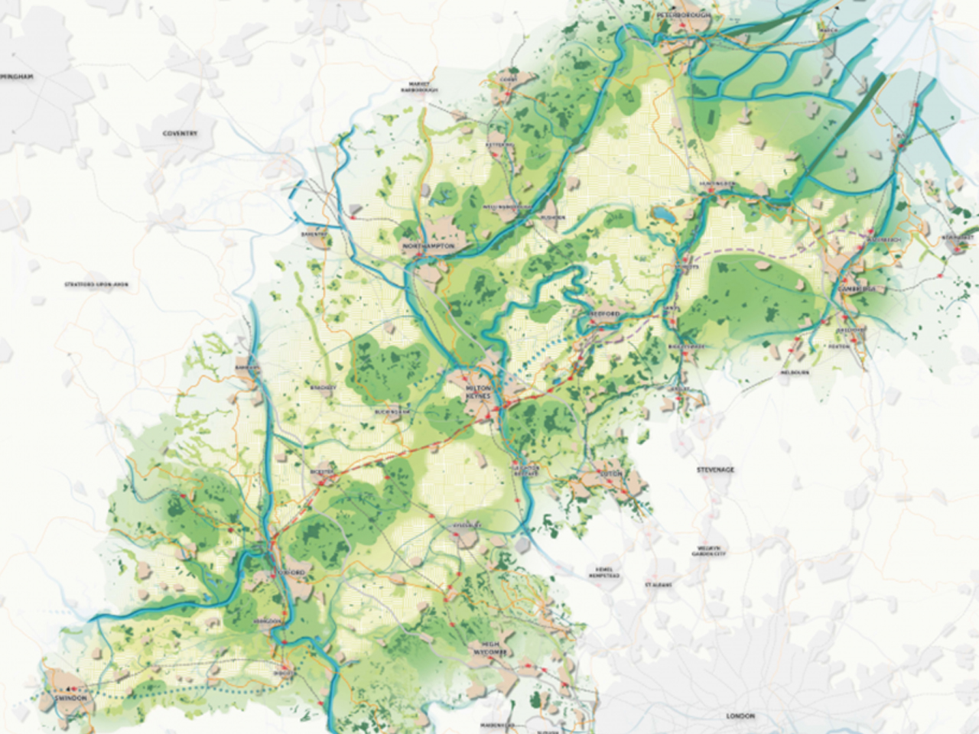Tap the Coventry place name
pos(181,134)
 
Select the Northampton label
pos(428,247)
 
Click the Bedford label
pos(603,315)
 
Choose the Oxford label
pos(291,573)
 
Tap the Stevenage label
pos(714,469)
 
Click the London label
pos(740,716)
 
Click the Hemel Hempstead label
pos(608,573)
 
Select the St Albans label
pos(658,584)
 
